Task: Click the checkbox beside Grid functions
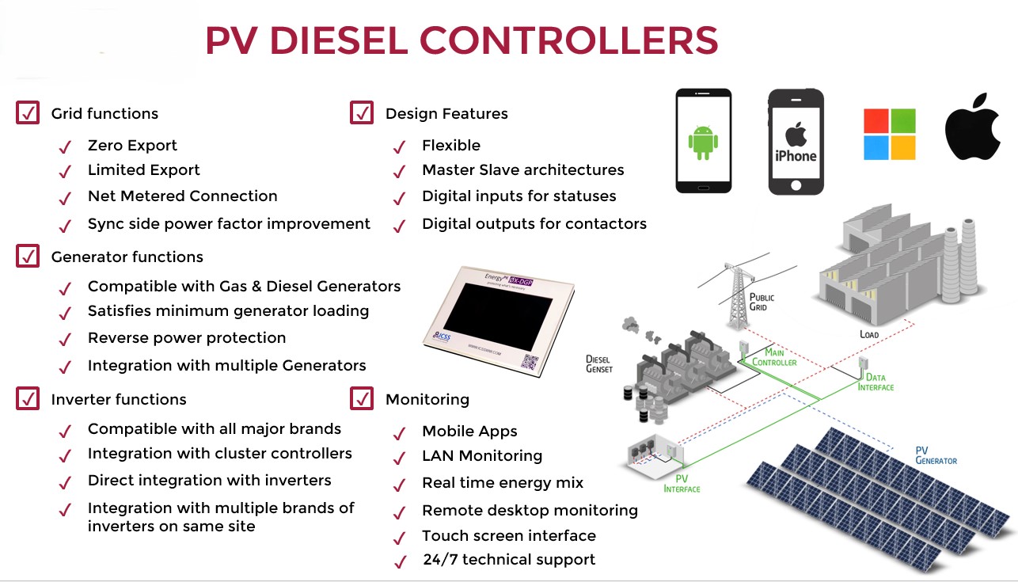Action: [28, 113]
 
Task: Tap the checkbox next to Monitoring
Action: [362, 398]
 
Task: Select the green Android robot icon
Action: [702, 140]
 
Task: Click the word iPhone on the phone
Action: [796, 156]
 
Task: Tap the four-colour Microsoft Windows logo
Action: [889, 135]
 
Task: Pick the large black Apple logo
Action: [972, 127]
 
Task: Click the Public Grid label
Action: [762, 302]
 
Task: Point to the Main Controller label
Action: [774, 357]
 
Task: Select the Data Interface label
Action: [876, 382]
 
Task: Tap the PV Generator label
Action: [936, 455]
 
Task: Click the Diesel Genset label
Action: [599, 364]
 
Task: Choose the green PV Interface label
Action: [682, 484]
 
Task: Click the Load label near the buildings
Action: [869, 334]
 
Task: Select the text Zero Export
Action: [132, 146]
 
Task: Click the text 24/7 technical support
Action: [508, 560]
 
